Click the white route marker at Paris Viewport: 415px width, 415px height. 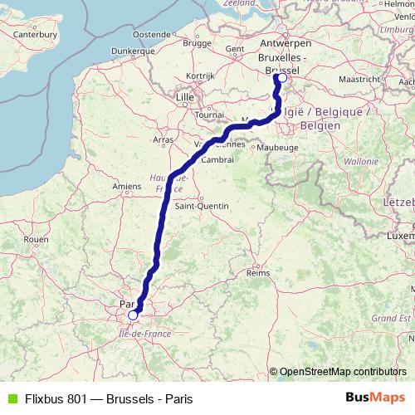coord(133,315)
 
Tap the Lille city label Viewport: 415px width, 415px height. coord(184,97)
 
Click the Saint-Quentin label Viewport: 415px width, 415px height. coord(195,206)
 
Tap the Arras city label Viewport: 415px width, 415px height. coord(164,139)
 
